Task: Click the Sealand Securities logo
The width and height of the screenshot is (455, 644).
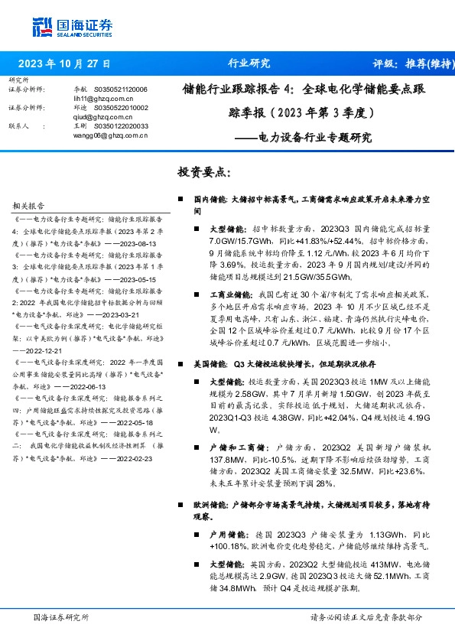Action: coord(72,28)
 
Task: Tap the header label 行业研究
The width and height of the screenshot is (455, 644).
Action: coord(249,63)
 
